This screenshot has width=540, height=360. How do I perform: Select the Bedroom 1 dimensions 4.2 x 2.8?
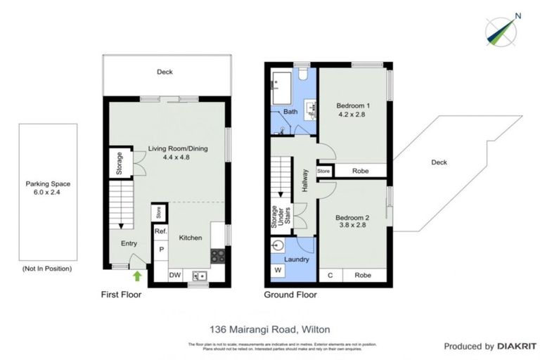pyautogui.click(x=354, y=115)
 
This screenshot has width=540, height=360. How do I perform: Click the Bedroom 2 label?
pyautogui.click(x=352, y=217)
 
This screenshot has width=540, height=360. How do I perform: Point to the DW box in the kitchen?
pyautogui.click(x=174, y=276)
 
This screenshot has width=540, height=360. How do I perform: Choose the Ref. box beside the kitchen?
pyautogui.click(x=160, y=231)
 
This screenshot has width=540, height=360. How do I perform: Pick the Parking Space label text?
pyautogui.click(x=48, y=184)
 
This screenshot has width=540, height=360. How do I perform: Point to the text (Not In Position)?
pyautogui.click(x=48, y=269)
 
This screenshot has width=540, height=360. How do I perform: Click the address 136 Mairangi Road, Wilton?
pyautogui.click(x=269, y=328)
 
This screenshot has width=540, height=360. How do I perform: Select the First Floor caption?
pyautogui.click(x=121, y=295)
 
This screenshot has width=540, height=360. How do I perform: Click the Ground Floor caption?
pyautogui.click(x=290, y=295)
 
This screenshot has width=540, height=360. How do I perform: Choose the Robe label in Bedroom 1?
pyautogui.click(x=360, y=170)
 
